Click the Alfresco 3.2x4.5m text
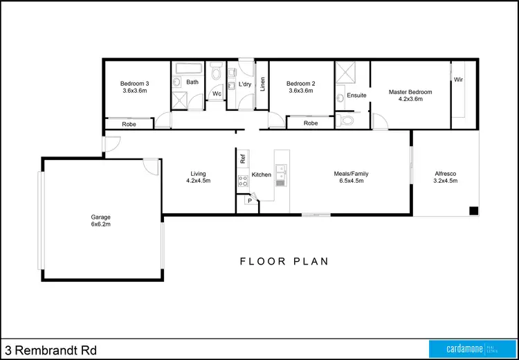tap(445, 177)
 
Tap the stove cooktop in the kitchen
tap(243, 182)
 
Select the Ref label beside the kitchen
tap(243, 158)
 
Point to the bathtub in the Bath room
tap(188, 69)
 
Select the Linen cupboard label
tap(262, 84)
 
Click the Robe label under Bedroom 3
tap(129, 125)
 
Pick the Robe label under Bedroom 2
tap(311, 123)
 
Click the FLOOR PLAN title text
tap(284, 262)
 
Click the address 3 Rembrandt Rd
tap(47, 350)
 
